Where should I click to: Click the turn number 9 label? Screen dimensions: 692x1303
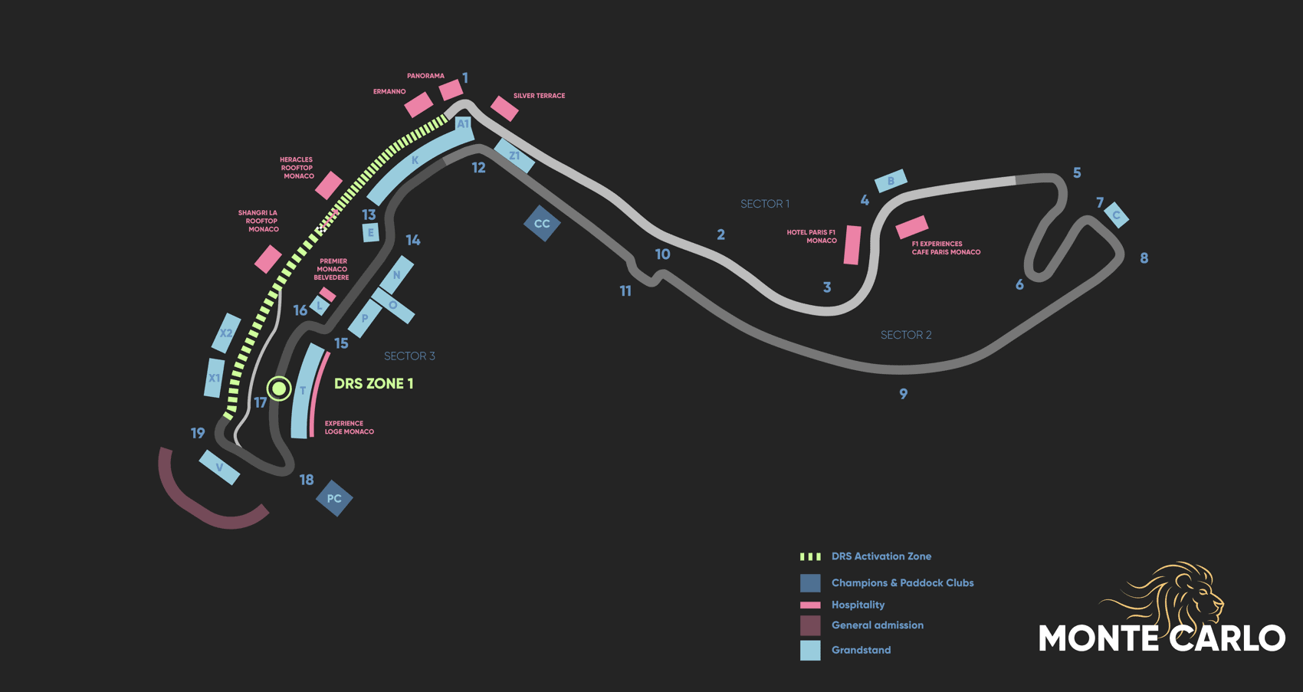903,394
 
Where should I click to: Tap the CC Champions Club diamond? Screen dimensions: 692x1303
542,224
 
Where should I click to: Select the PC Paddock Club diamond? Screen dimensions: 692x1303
334,498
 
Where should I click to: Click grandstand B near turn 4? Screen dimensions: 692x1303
891,181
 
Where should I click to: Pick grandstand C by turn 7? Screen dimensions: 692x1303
1116,215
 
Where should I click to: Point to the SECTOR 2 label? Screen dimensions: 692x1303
906,335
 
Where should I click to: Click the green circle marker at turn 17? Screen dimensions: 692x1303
279,389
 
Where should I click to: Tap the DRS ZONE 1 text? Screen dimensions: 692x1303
373,383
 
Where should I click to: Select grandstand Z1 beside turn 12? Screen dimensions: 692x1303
514,156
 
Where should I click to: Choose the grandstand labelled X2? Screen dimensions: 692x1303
226,333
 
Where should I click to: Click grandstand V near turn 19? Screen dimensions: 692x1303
219,467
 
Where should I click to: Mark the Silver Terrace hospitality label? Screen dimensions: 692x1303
539,96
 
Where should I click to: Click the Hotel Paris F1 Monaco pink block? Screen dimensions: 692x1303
852,245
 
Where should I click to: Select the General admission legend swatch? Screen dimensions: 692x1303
810,625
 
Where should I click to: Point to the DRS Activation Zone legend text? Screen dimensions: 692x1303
881,556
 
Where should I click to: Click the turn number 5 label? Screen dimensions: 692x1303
1077,173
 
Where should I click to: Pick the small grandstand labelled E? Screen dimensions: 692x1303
371,232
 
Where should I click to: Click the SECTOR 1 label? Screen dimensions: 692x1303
764,204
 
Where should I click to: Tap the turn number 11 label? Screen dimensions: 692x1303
625,291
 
